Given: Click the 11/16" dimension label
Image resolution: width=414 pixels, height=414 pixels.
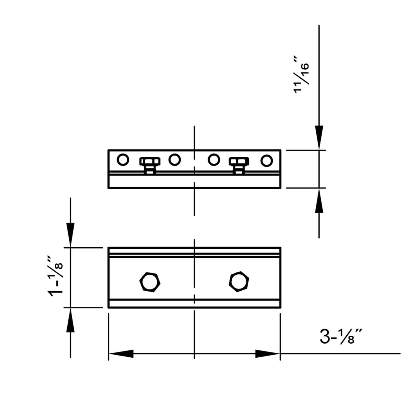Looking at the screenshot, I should coord(301,75).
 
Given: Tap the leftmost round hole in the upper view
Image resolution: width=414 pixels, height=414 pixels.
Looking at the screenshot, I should coord(123,160).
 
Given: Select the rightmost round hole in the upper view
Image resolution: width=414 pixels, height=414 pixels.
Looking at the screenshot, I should coord(267,160).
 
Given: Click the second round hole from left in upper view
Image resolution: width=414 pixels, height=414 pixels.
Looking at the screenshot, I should coord(174,160).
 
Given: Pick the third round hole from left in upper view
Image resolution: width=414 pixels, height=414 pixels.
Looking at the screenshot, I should coord(214,160).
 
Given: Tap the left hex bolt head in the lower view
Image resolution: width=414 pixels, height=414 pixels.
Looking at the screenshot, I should coord(150,282).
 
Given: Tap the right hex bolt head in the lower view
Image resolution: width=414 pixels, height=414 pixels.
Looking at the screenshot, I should coord(239,281).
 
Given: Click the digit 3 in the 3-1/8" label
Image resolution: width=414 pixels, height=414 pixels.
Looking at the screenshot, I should coord(325,336).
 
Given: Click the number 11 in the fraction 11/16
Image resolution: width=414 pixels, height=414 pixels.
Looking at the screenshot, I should coord(297,87).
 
